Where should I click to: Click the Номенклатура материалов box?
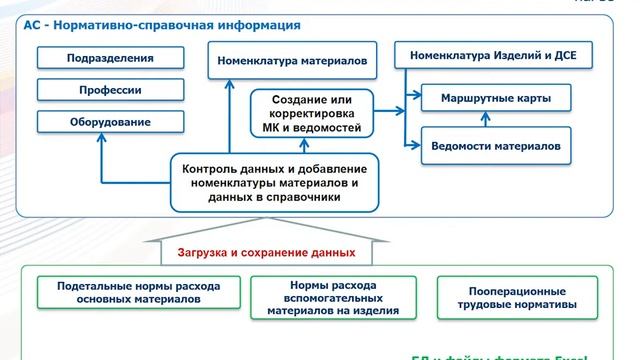[x=294, y=61]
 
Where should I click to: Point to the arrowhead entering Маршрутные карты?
[x=415, y=100]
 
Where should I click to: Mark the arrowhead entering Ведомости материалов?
[x=415, y=146]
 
